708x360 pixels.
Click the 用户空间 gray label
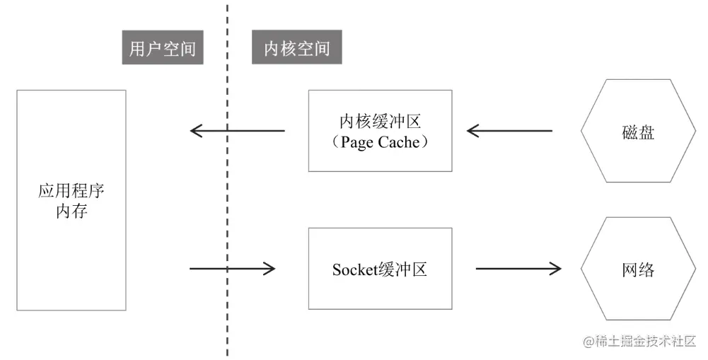[x=163, y=49]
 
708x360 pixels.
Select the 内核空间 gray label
[x=297, y=49]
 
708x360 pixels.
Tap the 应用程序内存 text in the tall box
[x=71, y=201]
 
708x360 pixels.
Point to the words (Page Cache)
[x=381, y=141]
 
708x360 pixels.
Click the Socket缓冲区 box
[x=381, y=268]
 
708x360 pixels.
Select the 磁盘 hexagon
[x=637, y=131]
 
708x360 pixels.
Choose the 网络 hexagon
[x=637, y=269]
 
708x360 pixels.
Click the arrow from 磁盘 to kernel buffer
[x=509, y=131]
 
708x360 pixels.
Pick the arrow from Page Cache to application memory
[x=238, y=131]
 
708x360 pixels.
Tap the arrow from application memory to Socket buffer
[x=232, y=268]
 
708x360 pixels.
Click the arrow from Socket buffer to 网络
[x=518, y=269]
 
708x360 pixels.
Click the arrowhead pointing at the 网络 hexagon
[x=555, y=269]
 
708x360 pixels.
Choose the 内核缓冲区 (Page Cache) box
[x=381, y=131]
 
